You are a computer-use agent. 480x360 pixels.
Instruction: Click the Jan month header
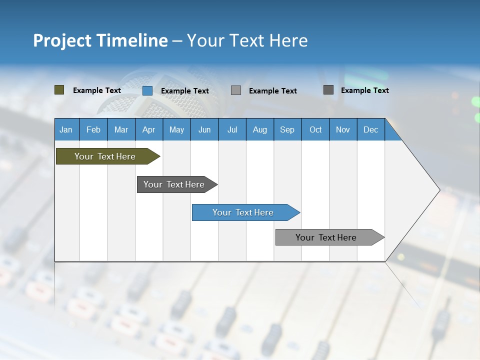point(66,129)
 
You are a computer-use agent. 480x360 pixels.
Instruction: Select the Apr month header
point(148,129)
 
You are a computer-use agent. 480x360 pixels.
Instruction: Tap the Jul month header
point(232,129)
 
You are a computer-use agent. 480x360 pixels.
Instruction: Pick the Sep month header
point(287,129)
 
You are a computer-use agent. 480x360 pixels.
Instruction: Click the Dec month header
point(370,129)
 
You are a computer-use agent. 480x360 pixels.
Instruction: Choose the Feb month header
point(93,129)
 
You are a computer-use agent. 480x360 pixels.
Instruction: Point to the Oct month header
point(315,129)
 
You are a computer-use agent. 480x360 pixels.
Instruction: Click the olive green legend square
point(59,90)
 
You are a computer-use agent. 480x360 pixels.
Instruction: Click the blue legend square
point(147,90)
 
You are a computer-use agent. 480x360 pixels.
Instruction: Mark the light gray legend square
point(236,90)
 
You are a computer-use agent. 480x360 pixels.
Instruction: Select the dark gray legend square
point(328,90)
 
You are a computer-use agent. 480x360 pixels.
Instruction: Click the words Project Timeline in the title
point(100,40)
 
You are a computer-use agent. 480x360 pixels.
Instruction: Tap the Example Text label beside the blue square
point(185,91)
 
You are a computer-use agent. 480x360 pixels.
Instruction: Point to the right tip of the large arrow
point(438,190)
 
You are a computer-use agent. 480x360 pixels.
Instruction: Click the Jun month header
point(204,129)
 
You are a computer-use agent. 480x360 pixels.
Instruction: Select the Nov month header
point(343,129)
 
